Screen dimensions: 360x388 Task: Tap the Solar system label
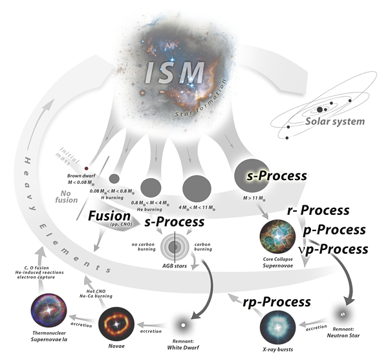[x=336, y=121]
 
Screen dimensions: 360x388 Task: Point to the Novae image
[x=116, y=323]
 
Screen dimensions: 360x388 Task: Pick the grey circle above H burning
[x=114, y=178]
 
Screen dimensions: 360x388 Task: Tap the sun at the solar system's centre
[x=319, y=110]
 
